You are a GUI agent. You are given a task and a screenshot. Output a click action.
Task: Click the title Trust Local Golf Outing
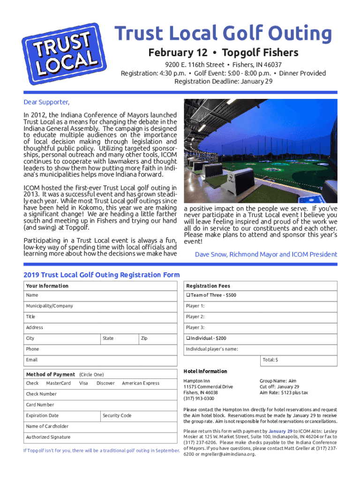click(x=224, y=34)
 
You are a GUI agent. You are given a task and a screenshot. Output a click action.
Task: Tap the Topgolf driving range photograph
click(x=260, y=150)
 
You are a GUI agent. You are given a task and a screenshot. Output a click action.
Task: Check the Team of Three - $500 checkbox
click(x=188, y=295)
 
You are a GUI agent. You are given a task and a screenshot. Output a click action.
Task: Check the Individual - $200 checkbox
click(x=188, y=338)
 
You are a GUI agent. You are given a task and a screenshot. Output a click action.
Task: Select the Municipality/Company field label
click(x=50, y=306)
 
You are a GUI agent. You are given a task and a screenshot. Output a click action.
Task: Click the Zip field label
click(x=144, y=338)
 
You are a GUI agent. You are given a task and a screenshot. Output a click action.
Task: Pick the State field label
click(x=108, y=338)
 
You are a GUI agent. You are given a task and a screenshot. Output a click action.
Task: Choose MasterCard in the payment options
click(x=59, y=383)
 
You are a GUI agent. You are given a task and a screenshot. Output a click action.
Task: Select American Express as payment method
click(x=141, y=383)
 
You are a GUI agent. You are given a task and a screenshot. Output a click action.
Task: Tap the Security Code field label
click(x=117, y=416)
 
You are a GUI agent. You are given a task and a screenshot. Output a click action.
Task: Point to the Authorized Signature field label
click(x=48, y=437)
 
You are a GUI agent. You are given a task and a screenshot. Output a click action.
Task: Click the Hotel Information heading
click(x=205, y=371)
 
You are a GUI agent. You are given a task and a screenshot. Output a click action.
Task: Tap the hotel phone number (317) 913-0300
click(x=199, y=398)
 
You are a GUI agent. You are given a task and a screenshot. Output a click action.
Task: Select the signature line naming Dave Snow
click(x=266, y=255)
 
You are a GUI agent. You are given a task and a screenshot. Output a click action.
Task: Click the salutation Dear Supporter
click(x=46, y=103)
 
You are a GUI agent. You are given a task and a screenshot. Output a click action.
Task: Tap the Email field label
click(x=32, y=360)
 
